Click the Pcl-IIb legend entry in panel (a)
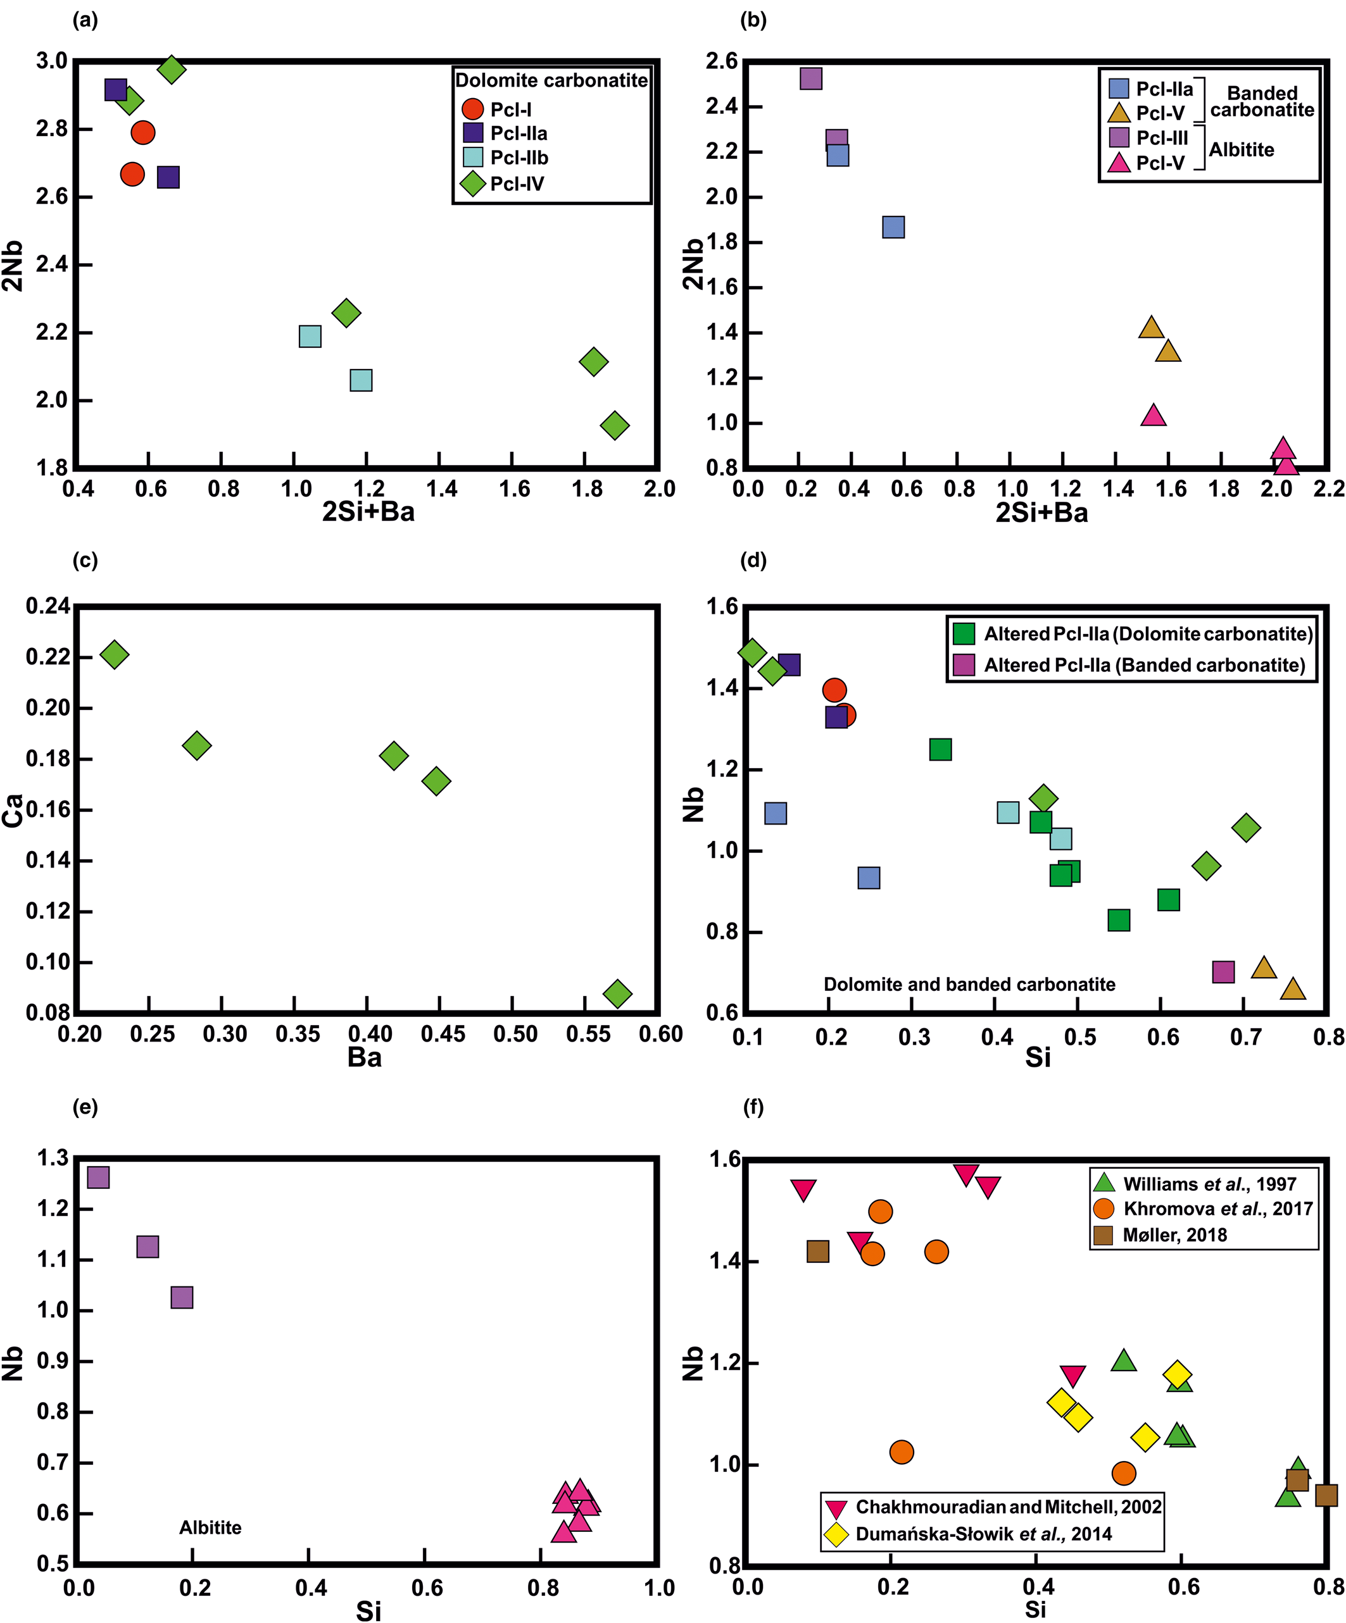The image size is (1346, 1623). tap(518, 158)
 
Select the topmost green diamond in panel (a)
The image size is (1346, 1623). tap(172, 70)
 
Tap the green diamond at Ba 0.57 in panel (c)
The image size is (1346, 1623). tap(617, 993)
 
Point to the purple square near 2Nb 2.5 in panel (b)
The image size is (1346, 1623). tap(810, 79)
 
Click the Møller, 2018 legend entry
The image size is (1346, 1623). tap(1174, 1235)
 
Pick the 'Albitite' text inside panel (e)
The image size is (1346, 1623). tap(210, 1528)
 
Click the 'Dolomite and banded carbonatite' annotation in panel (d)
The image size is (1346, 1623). tap(969, 985)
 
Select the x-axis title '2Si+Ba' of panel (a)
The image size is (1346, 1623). tap(368, 512)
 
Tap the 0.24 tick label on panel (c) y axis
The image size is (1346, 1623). tap(48, 606)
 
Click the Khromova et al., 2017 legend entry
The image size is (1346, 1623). tap(1217, 1209)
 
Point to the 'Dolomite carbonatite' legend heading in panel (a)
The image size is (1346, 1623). tap(551, 80)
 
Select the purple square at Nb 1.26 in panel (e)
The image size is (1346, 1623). tap(98, 1177)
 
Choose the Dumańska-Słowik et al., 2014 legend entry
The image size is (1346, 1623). tap(983, 1534)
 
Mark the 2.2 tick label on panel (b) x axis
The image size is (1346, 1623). tap(1328, 488)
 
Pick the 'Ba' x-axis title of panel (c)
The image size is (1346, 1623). tap(364, 1057)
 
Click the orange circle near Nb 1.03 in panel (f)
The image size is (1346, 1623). tap(902, 1452)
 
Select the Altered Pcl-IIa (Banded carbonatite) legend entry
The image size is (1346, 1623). tap(1143, 666)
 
